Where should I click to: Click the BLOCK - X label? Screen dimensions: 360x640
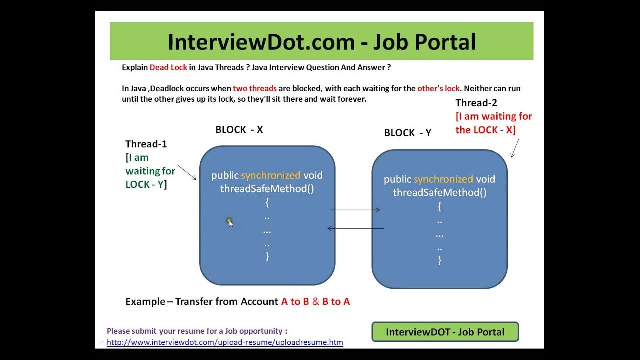point(239,130)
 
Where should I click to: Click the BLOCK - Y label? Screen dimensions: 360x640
point(407,133)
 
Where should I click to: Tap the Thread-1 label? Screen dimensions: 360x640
point(146,144)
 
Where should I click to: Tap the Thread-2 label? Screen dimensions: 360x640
point(476,103)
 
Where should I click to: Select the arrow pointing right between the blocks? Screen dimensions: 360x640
point(355,210)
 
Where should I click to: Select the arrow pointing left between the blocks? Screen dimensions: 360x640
point(355,229)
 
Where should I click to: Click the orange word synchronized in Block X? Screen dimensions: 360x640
point(271,175)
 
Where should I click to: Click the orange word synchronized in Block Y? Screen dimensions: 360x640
point(443,179)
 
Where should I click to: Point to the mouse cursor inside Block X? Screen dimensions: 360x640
point(229,222)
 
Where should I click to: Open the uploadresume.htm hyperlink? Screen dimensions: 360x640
point(225,342)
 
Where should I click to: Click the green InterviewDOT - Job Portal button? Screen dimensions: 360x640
point(445,332)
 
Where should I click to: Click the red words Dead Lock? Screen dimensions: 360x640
point(168,67)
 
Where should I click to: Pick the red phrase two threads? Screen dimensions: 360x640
point(255,88)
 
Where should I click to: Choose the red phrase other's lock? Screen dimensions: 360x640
point(438,88)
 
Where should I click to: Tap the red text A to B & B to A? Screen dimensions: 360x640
point(315,301)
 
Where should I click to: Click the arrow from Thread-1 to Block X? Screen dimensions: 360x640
point(187,172)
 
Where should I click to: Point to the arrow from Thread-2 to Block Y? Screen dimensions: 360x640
point(515,148)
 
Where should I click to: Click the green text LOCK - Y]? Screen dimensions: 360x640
point(146,184)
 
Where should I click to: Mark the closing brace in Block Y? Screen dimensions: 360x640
point(440,260)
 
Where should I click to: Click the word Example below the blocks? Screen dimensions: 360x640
point(145,301)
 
